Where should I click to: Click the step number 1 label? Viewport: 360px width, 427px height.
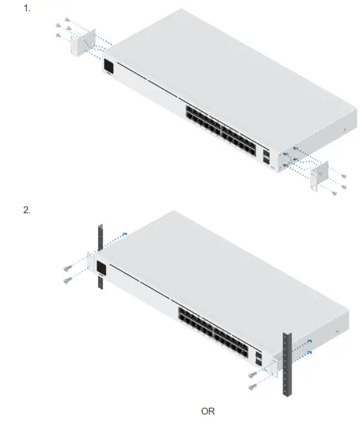pos(26,9)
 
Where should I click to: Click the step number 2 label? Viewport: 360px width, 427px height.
pos(26,210)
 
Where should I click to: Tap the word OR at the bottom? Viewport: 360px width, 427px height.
pos(208,411)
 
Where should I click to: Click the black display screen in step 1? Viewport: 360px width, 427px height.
pos(108,66)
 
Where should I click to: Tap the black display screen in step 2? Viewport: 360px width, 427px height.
pos(100,269)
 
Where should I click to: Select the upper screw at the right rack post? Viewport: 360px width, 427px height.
pos(251,375)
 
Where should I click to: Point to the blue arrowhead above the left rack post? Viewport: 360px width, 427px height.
pos(125,234)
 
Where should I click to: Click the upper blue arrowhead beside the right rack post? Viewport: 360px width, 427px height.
pos(310,342)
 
